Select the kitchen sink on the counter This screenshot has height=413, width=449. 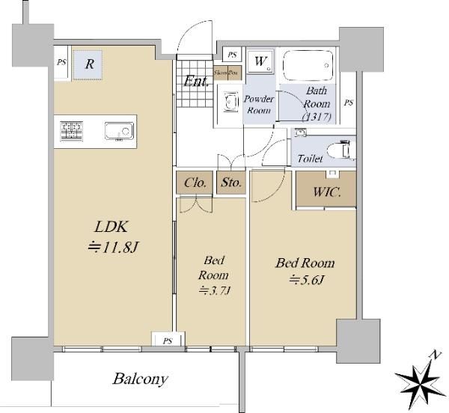coord(118,131)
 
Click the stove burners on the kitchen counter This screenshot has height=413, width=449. coord(72,131)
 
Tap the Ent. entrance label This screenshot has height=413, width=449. coord(195,81)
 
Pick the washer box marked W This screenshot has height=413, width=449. coord(260,62)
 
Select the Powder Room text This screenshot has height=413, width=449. coord(259,105)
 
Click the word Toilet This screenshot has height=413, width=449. coord(310,159)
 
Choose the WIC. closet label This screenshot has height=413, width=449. coord(327,192)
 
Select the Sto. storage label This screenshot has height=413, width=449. coord(230,182)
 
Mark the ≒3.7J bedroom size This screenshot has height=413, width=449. coord(210,290)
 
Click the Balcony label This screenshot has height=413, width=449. coord(140,379)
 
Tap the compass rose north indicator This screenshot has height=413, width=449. coord(420,378)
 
